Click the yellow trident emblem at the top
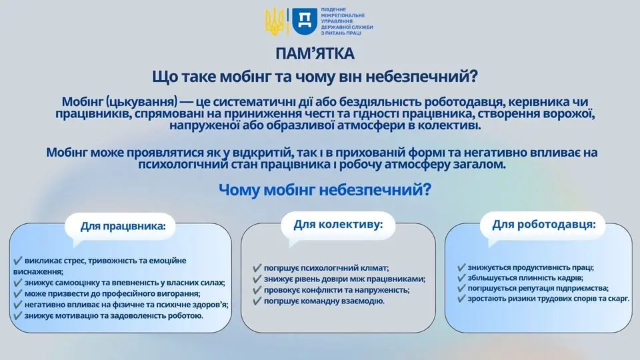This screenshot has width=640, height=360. coord(275,21)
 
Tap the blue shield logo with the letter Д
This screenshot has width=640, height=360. coord(304,21)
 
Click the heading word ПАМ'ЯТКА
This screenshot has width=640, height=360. coord(315,53)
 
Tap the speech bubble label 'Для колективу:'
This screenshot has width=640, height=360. coord(339,225)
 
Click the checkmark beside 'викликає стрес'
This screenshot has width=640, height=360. coord(17,261)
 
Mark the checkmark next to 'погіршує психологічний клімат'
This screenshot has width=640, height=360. coord(257,268)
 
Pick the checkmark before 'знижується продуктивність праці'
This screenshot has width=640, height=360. coord(461,267)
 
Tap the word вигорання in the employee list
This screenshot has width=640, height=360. coord(179,293)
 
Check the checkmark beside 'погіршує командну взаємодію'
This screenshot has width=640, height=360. coord(257,301)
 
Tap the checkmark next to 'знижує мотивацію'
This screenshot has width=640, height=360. coord(17,315)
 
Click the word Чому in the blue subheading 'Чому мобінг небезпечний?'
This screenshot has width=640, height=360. coord(239,190)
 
